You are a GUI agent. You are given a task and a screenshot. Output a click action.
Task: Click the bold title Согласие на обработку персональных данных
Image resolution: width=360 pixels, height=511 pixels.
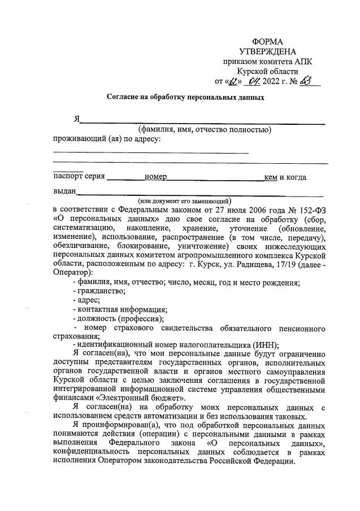186,97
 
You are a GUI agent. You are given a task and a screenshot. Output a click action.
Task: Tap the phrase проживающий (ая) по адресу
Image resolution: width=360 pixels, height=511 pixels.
107,139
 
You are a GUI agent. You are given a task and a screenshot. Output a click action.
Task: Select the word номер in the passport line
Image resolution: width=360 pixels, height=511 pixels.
155,178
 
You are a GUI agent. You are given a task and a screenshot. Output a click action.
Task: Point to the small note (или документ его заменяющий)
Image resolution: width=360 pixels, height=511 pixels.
185,200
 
